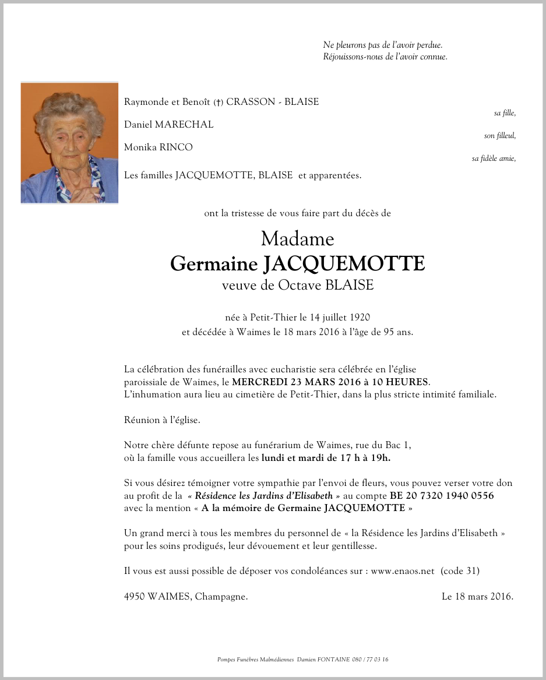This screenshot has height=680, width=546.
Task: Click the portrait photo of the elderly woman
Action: click(x=69, y=143)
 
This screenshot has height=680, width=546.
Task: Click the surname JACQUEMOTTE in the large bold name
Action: click(x=344, y=264)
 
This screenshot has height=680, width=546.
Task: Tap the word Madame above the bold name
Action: click(x=297, y=239)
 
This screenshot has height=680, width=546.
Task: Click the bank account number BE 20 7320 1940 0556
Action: click(x=442, y=495)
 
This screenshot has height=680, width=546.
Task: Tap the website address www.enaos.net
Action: click(x=403, y=571)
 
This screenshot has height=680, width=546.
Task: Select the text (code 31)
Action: click(x=460, y=571)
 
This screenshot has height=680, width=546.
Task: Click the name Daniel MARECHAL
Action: click(x=168, y=125)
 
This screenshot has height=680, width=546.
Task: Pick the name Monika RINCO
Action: click(x=158, y=147)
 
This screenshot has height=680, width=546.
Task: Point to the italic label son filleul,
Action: click(x=499, y=136)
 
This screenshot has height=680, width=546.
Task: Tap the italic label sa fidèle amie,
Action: click(x=494, y=158)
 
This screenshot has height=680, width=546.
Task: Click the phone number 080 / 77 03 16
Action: click(x=370, y=660)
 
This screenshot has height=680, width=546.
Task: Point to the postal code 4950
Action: click(x=134, y=596)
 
